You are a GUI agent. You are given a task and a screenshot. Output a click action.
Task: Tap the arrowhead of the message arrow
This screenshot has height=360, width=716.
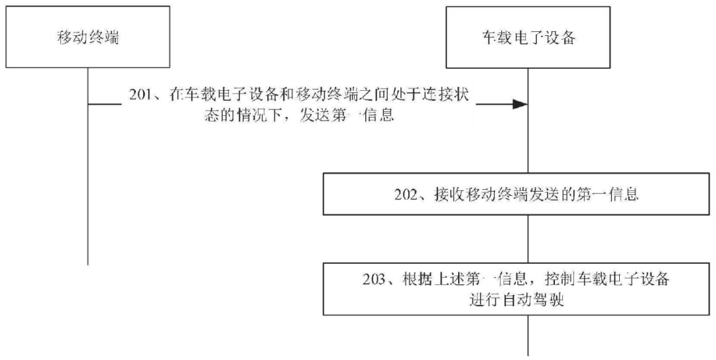coord(520,104)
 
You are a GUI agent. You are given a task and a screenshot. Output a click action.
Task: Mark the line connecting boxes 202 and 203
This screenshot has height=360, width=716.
coord(528,239)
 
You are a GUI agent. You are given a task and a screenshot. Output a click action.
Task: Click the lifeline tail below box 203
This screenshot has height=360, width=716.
coord(528,335)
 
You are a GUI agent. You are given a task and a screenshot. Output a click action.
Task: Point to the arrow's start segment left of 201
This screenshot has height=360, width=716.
coord(105,104)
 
